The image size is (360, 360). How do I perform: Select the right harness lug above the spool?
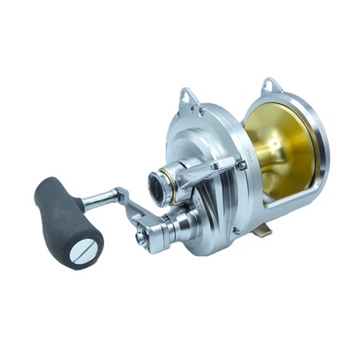coord(271,86)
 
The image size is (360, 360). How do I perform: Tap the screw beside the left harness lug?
coord(202,112)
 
